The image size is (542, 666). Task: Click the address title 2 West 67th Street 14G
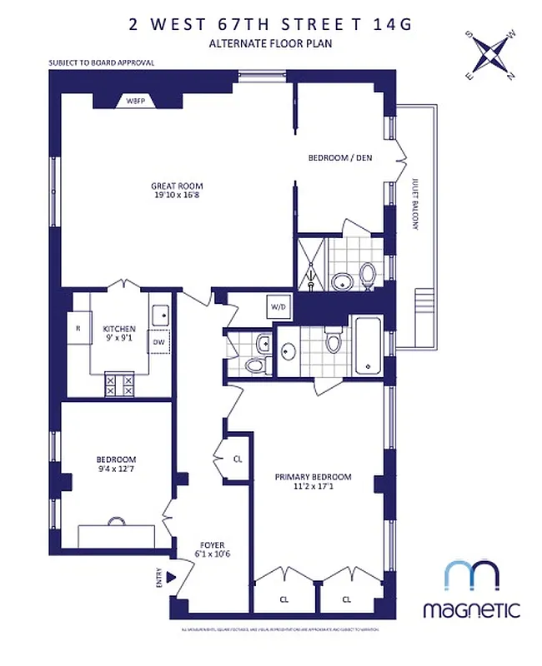pos(270,23)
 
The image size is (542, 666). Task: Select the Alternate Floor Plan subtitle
pos(270,44)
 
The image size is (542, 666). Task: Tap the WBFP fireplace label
pos(135,100)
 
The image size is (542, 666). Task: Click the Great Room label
pos(177,191)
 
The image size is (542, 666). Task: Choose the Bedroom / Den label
pos(339,157)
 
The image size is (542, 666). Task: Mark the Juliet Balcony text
pos(414,203)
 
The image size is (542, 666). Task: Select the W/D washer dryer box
pos(278,307)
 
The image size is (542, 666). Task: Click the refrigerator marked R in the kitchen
pos(78,328)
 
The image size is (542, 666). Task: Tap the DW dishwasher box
pos(158,342)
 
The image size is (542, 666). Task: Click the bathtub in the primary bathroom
pos(367,345)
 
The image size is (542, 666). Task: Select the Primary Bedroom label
pos(313,482)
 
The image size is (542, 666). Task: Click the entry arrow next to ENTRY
pos(172,577)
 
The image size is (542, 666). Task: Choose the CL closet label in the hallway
pos(238,459)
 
